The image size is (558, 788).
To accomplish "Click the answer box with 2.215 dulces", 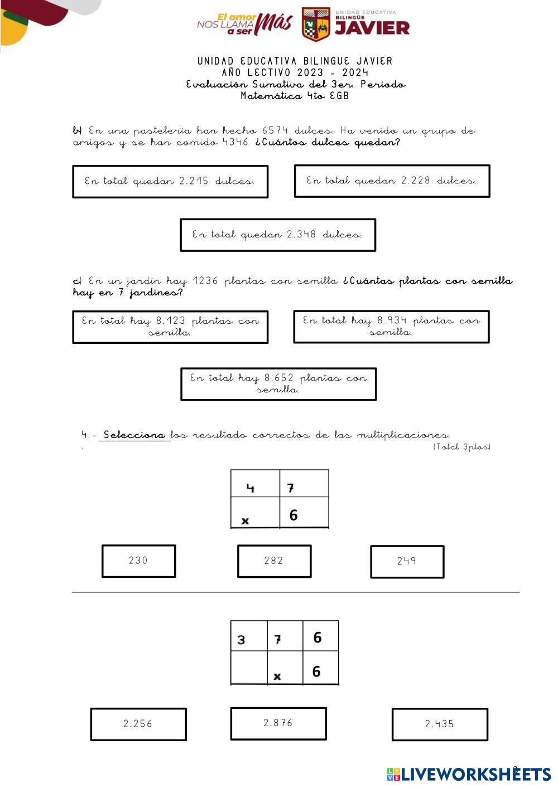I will coord(170,182).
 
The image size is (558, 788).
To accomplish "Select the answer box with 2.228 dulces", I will coord(392,181).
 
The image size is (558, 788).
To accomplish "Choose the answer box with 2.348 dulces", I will coord(278,235).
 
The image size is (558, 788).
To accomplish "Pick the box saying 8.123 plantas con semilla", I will coord(170,327).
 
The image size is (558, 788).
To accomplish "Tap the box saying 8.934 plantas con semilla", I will coord(391,327).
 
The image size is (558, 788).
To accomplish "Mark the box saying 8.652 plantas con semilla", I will coord(278,384).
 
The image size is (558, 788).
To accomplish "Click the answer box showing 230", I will coord(139,561).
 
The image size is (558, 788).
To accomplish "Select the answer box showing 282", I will coord(274,561).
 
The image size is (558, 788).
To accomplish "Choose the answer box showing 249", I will coord(407,562).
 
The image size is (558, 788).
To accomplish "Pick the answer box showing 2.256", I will coord(138,724).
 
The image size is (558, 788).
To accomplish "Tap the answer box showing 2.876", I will coord(278,723).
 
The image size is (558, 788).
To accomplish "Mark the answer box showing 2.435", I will coord(440,724).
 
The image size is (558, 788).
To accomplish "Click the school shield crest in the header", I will coord(316,24).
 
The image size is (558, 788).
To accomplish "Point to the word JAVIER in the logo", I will coord(372,28).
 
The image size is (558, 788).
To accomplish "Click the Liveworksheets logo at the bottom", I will coord(469,774).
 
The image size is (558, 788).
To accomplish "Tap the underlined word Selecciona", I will coord(134,435).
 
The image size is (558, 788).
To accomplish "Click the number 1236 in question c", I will coord(205,281).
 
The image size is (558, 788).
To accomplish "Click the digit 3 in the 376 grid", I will coord(241,640).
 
